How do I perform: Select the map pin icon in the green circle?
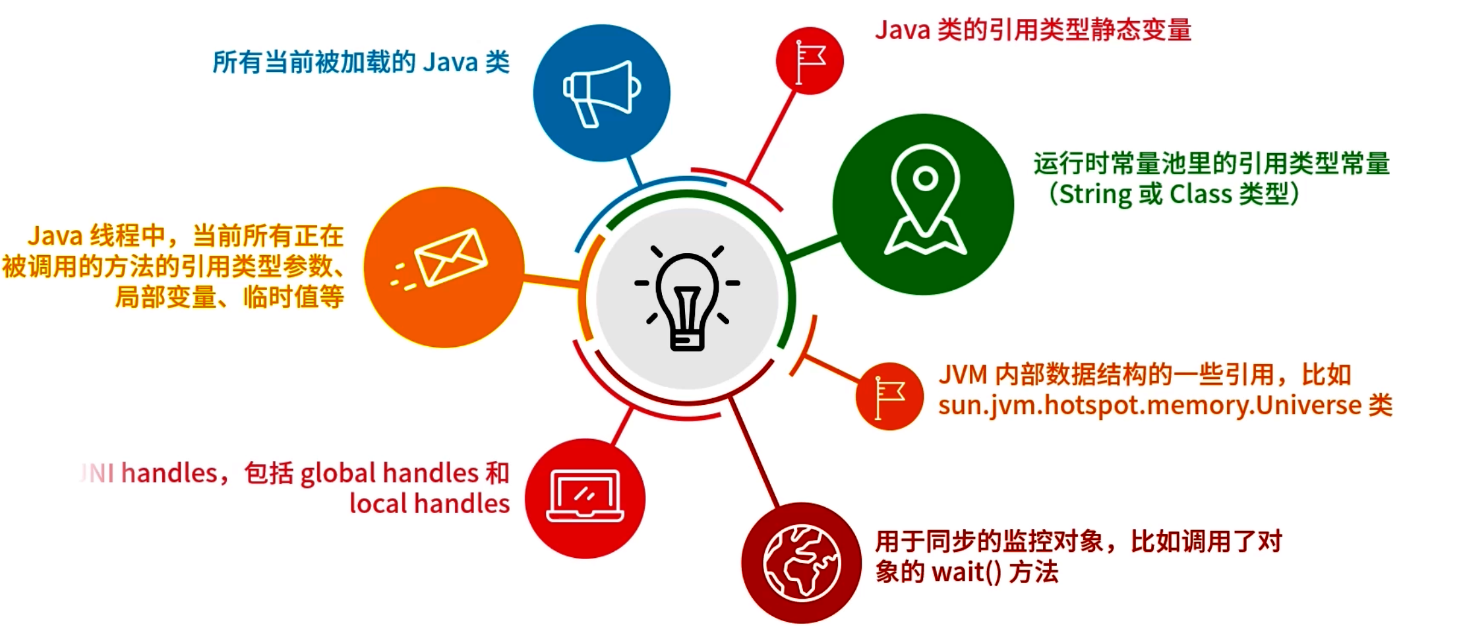(924, 200)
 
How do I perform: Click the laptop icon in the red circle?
(585, 497)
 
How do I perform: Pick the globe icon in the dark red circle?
(801, 562)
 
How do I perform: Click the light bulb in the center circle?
(687, 300)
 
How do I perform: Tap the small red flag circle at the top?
(810, 61)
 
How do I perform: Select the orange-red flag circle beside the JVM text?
(889, 396)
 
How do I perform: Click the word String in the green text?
(1096, 195)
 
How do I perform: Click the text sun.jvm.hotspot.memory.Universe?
(1150, 405)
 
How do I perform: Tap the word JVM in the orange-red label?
(963, 375)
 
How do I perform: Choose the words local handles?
(429, 504)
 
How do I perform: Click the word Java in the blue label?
(450, 63)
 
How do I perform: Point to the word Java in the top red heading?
(902, 30)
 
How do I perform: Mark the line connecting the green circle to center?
(814, 248)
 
